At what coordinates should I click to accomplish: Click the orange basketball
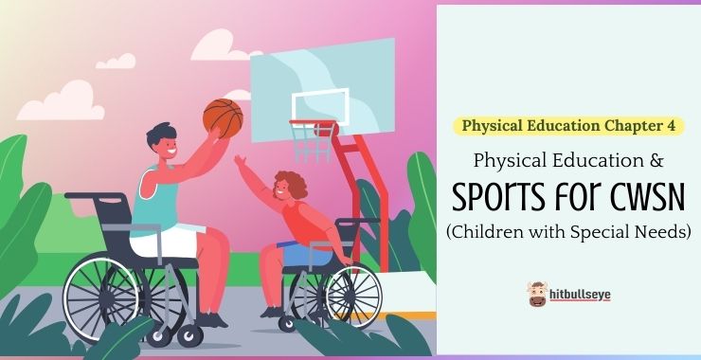click(x=223, y=117)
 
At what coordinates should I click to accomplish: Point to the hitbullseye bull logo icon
click(x=537, y=294)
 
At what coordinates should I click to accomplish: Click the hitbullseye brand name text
click(x=581, y=295)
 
